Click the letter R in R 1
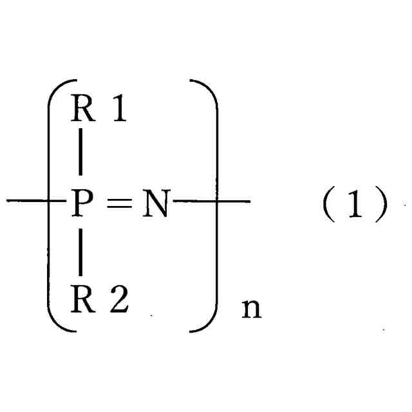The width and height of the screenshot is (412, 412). (81, 110)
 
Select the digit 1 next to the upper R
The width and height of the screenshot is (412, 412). (118, 110)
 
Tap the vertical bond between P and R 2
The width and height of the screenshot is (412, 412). (80, 255)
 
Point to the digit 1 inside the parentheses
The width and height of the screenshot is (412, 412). (355, 207)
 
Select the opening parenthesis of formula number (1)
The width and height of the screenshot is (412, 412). (327, 207)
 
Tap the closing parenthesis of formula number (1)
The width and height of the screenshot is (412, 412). (382, 207)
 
